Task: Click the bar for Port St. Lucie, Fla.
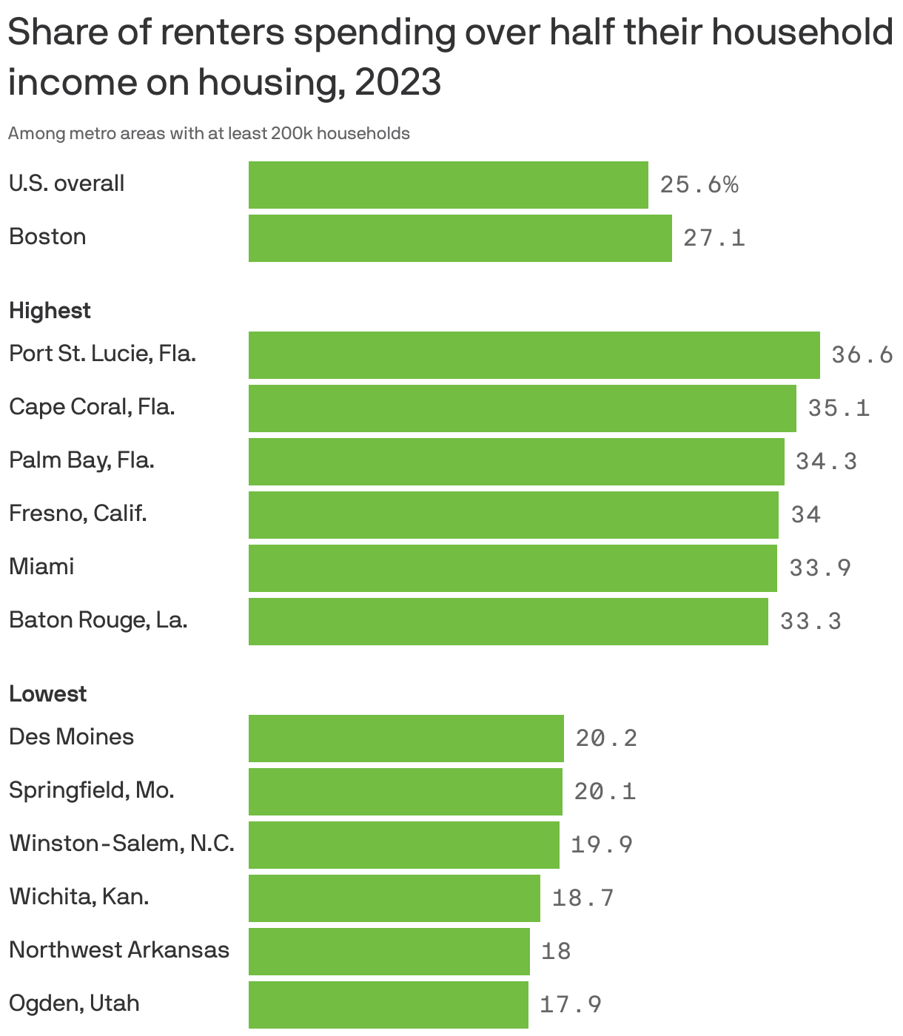534,355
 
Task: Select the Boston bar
460,238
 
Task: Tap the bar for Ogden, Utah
388,1005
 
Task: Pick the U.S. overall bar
448,185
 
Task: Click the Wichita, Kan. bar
394,898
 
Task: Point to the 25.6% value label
699,185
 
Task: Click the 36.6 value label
862,355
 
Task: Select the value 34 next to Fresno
805,515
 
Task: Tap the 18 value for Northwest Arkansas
555,952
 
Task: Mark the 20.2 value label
606,739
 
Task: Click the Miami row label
41,567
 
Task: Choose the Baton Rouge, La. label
98,620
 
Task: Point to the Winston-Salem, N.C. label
121,844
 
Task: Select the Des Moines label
71,737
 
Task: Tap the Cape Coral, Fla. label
92,407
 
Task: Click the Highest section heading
50,311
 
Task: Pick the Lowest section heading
47,694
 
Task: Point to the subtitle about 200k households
209,134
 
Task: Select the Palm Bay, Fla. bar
516,462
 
